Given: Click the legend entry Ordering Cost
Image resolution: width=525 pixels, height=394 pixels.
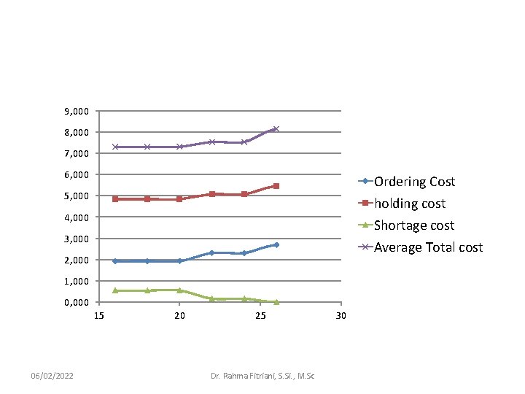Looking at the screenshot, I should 414,182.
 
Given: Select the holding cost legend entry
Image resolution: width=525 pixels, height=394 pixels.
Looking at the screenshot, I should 409,204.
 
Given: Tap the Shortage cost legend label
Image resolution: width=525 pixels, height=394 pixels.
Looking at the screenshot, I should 413,225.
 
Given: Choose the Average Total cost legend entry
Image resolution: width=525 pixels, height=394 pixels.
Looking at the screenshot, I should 428,247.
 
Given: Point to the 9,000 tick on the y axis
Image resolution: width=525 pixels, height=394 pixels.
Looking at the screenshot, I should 77,111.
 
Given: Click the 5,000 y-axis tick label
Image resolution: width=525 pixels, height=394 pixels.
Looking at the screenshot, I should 77,196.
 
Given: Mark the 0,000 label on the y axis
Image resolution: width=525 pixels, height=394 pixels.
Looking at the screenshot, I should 77,302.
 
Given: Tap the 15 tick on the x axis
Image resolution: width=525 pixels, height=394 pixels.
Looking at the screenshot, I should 98,315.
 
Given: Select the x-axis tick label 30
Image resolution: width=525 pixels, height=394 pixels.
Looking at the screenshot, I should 340,315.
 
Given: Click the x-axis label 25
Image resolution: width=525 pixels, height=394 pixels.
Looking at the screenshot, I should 260,315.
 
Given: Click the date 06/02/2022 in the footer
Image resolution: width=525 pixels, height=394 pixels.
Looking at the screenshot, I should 52,375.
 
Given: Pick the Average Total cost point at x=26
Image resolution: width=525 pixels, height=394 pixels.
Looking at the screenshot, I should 276,129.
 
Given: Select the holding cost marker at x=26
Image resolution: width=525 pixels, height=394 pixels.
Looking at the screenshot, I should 276,186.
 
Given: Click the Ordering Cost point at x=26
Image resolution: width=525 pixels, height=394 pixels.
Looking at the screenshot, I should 276,244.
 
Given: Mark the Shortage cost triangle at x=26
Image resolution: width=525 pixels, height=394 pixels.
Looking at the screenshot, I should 276,301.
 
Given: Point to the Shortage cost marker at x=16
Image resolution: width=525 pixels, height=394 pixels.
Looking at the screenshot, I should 115,290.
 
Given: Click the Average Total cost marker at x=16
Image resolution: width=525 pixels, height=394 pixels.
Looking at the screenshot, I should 115,147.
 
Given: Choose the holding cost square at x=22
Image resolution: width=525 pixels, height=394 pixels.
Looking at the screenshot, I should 211,194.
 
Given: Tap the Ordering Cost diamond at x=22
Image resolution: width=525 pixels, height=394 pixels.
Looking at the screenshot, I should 211,252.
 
